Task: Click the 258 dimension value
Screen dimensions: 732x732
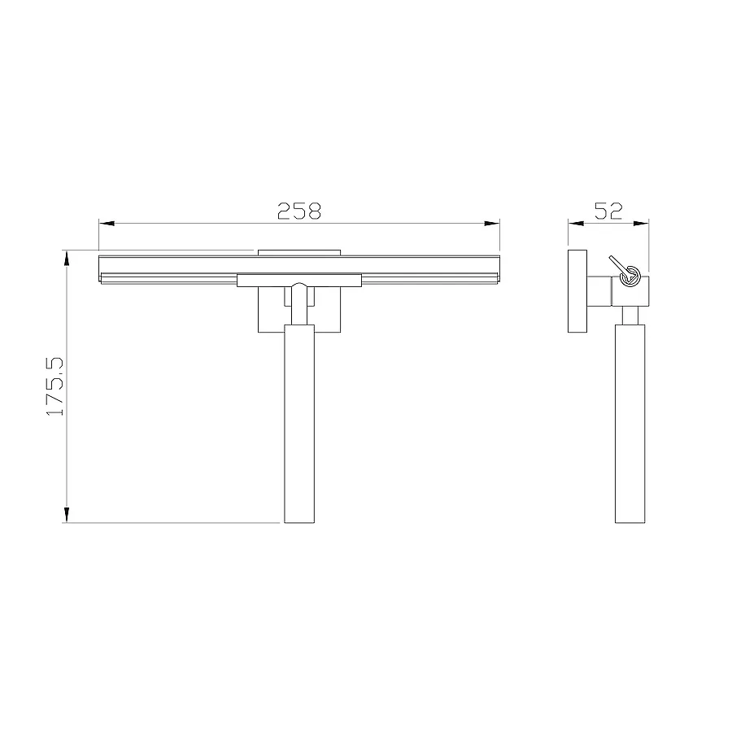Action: tap(299, 211)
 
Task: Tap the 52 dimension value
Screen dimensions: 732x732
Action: tap(608, 211)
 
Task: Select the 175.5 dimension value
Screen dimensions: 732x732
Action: tap(55, 386)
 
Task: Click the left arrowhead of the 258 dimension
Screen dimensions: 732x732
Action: tap(107, 224)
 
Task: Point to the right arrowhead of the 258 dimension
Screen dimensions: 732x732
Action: tap(492, 224)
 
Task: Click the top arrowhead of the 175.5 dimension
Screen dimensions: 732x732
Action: tap(67, 258)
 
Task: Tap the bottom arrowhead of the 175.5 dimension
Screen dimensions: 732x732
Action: tap(67, 515)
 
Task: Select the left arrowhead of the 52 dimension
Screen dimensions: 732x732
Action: tap(576, 224)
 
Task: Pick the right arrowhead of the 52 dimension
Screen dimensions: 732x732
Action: tap(641, 224)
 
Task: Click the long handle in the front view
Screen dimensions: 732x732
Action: tap(299, 424)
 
